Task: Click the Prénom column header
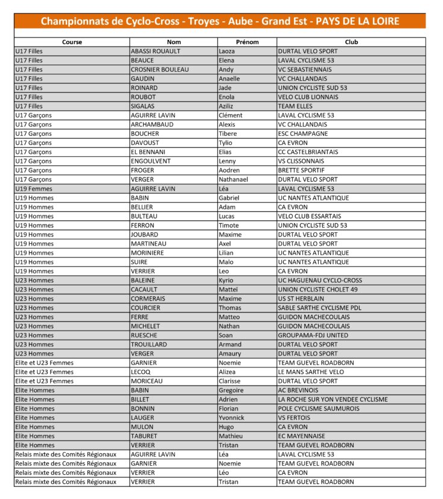click(247, 42)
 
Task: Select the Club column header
click(351, 42)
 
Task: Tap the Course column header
click(72, 42)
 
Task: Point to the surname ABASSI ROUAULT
click(155, 51)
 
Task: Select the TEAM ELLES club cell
click(295, 106)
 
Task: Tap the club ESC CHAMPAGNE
click(303, 133)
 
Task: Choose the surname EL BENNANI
click(148, 152)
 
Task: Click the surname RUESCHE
click(145, 335)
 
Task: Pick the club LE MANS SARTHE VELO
click(311, 372)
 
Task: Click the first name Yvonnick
click(232, 418)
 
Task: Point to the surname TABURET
click(145, 436)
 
